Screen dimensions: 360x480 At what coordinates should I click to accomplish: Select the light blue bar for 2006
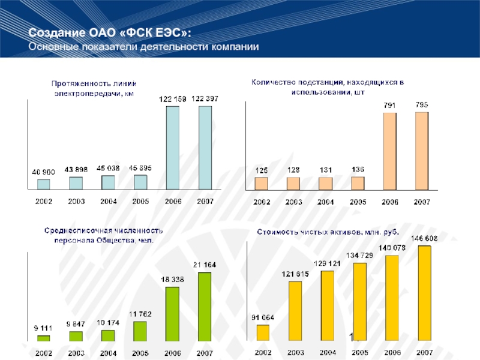pos(173,148)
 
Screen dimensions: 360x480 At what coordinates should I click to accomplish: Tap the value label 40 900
pos(43,172)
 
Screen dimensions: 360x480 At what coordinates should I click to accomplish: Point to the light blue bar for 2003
pos(76,183)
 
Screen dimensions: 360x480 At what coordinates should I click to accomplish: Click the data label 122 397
pos(205,98)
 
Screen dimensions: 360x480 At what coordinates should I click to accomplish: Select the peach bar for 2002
pos(261,183)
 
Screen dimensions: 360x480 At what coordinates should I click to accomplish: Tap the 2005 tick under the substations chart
pos(358,202)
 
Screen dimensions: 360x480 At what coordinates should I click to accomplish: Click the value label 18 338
pos(172,280)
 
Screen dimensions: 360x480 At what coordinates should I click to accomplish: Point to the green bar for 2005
pos(140,332)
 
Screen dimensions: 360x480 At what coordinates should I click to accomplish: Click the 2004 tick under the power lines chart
pos(108,202)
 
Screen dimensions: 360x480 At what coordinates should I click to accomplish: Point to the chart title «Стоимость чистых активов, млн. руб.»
pos(328,231)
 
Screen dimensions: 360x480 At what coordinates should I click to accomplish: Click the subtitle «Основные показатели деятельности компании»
pos(143,47)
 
